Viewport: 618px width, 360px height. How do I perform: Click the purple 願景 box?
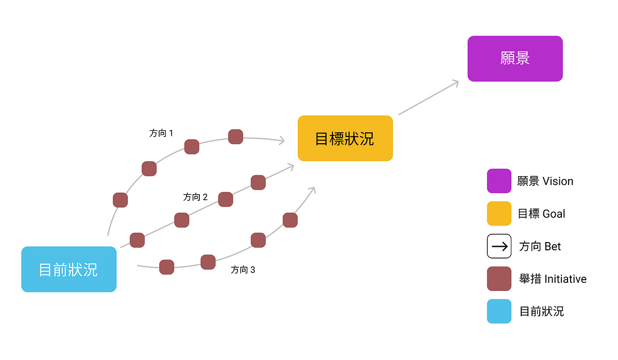514,58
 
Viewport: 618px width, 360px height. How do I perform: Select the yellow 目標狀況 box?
345,138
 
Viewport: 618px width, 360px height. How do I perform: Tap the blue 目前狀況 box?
68,269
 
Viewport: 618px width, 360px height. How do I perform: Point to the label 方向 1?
161,133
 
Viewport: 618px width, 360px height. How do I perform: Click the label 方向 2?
195,197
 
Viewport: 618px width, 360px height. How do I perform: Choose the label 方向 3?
243,269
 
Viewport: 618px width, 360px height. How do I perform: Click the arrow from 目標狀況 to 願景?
428,97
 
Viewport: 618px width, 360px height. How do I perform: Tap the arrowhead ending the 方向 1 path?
282,140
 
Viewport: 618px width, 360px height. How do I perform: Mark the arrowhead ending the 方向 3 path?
312,190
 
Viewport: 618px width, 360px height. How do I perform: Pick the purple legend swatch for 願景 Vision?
499,181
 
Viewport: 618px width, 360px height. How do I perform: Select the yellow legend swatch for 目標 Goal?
499,213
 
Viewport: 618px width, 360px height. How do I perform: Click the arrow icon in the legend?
499,246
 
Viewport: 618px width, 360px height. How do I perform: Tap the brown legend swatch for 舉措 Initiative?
499,279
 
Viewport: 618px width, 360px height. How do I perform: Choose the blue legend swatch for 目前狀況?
499,311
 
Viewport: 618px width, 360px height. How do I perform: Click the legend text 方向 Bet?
540,246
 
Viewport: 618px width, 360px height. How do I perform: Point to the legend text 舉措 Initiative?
553,279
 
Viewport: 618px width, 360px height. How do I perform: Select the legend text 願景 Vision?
545,181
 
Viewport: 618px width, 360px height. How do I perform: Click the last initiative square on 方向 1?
235,136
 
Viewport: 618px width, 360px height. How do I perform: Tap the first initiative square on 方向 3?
166,267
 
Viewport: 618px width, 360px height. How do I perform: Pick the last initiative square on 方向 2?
258,182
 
